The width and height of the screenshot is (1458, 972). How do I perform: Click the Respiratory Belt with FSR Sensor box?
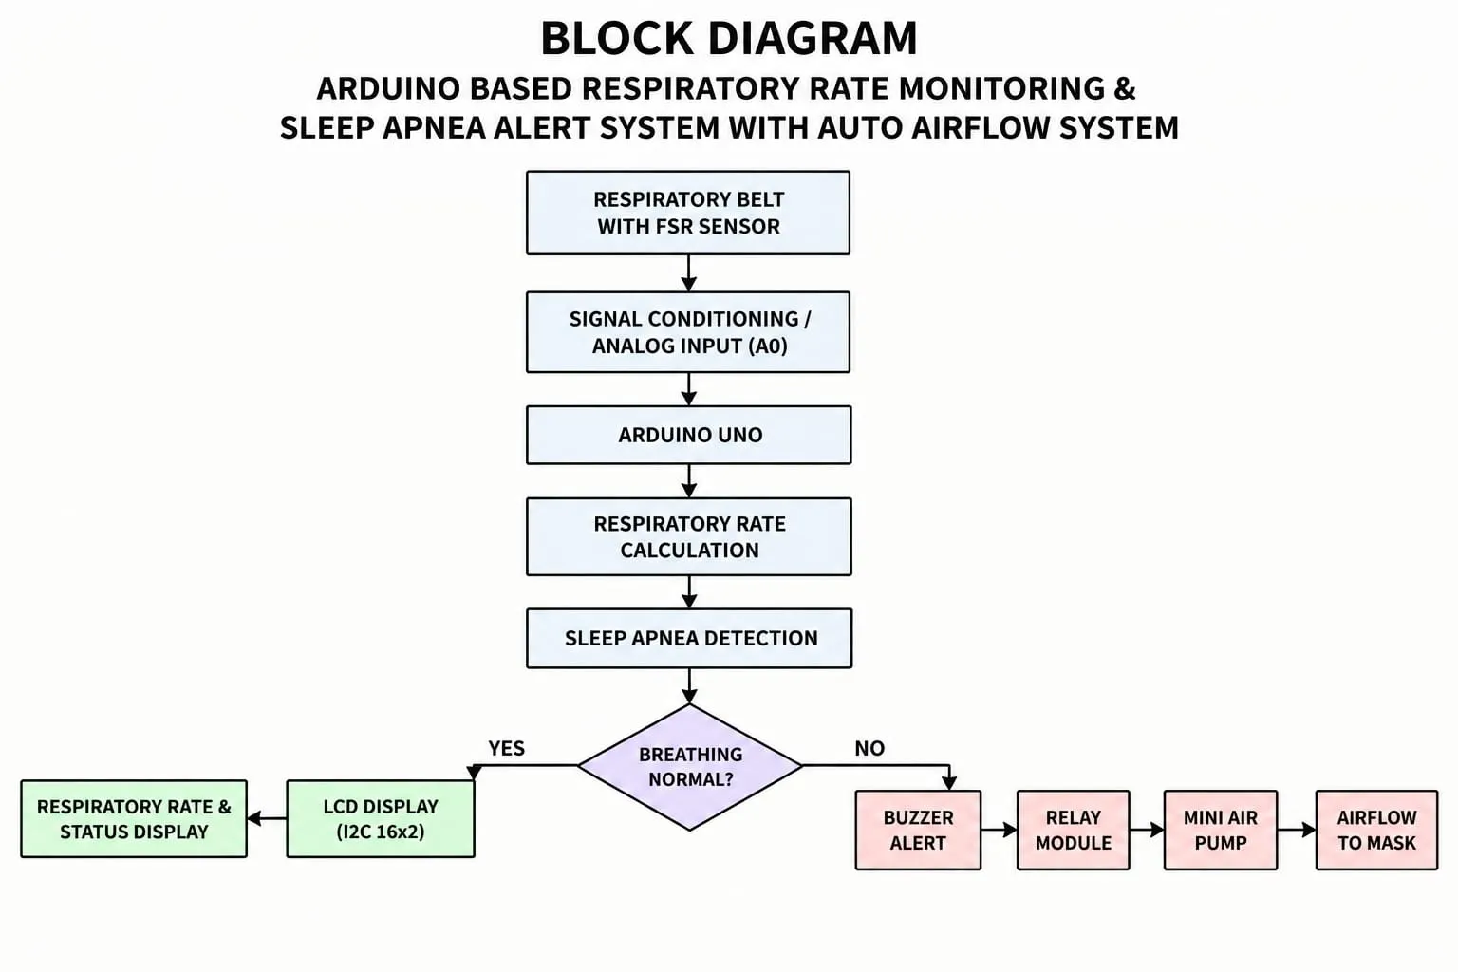coord(688,213)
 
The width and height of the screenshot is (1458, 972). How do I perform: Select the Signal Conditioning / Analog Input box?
coord(688,332)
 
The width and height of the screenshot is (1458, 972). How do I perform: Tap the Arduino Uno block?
coord(688,435)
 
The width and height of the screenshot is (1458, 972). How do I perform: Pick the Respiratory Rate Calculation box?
coord(688,536)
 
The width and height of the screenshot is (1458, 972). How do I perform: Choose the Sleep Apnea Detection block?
coord(689,638)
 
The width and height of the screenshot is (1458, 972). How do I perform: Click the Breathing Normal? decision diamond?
coord(690,767)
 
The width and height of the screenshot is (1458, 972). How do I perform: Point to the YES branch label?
coord(506,749)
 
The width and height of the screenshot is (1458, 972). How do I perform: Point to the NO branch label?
coord(869,749)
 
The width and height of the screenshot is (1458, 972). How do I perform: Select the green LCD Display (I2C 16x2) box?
coord(381,819)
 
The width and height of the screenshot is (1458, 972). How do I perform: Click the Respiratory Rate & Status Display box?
coord(134,819)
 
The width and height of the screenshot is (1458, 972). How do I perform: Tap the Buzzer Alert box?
coord(918,830)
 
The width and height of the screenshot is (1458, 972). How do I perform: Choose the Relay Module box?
coord(1074,830)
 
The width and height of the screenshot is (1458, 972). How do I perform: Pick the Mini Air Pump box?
coord(1221,830)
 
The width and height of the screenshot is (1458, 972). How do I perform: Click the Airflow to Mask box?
coord(1376,830)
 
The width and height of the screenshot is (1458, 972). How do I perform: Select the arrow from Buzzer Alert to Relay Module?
coord(1000,830)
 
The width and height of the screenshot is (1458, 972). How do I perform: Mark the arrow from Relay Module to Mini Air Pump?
coord(1147,830)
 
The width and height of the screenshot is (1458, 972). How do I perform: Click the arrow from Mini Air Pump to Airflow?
coord(1297,830)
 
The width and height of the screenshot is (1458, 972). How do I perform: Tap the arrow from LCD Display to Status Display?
coord(267,818)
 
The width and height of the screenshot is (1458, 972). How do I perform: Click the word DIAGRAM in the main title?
coord(813,38)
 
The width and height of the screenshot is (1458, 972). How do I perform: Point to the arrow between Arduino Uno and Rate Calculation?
coord(688,481)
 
